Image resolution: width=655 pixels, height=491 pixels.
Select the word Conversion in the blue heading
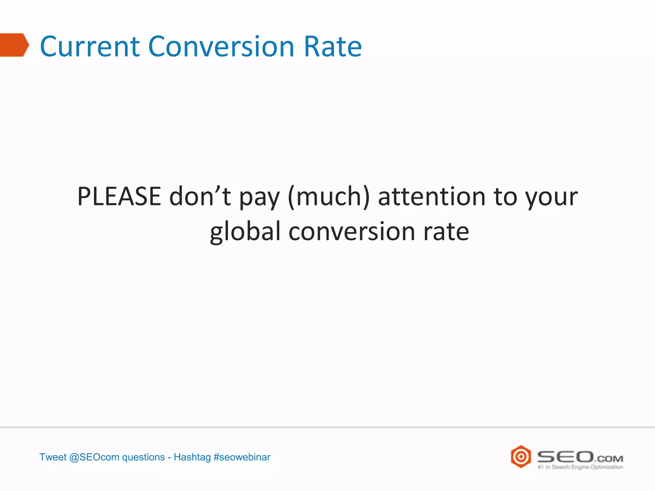tap(221, 47)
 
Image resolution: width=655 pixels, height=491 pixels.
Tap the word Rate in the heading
tap(333, 47)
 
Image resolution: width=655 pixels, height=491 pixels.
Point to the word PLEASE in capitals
tap(119, 196)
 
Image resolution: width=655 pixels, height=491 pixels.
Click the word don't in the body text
tap(200, 196)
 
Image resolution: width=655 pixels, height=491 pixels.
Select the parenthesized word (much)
tap(329, 196)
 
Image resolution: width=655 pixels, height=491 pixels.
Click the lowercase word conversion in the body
tap(352, 231)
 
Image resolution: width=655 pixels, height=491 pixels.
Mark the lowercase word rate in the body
tap(446, 231)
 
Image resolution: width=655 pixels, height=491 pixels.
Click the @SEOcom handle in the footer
tap(94, 457)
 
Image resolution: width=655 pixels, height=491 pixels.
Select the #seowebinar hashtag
tap(242, 457)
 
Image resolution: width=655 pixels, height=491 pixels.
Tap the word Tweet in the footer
tap(53, 457)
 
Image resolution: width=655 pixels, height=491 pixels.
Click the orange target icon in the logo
tap(521, 456)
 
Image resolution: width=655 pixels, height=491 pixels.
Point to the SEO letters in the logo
tap(565, 456)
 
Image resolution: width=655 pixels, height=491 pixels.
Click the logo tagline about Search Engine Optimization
tap(580, 467)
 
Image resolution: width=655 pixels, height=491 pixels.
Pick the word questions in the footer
tap(143, 457)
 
